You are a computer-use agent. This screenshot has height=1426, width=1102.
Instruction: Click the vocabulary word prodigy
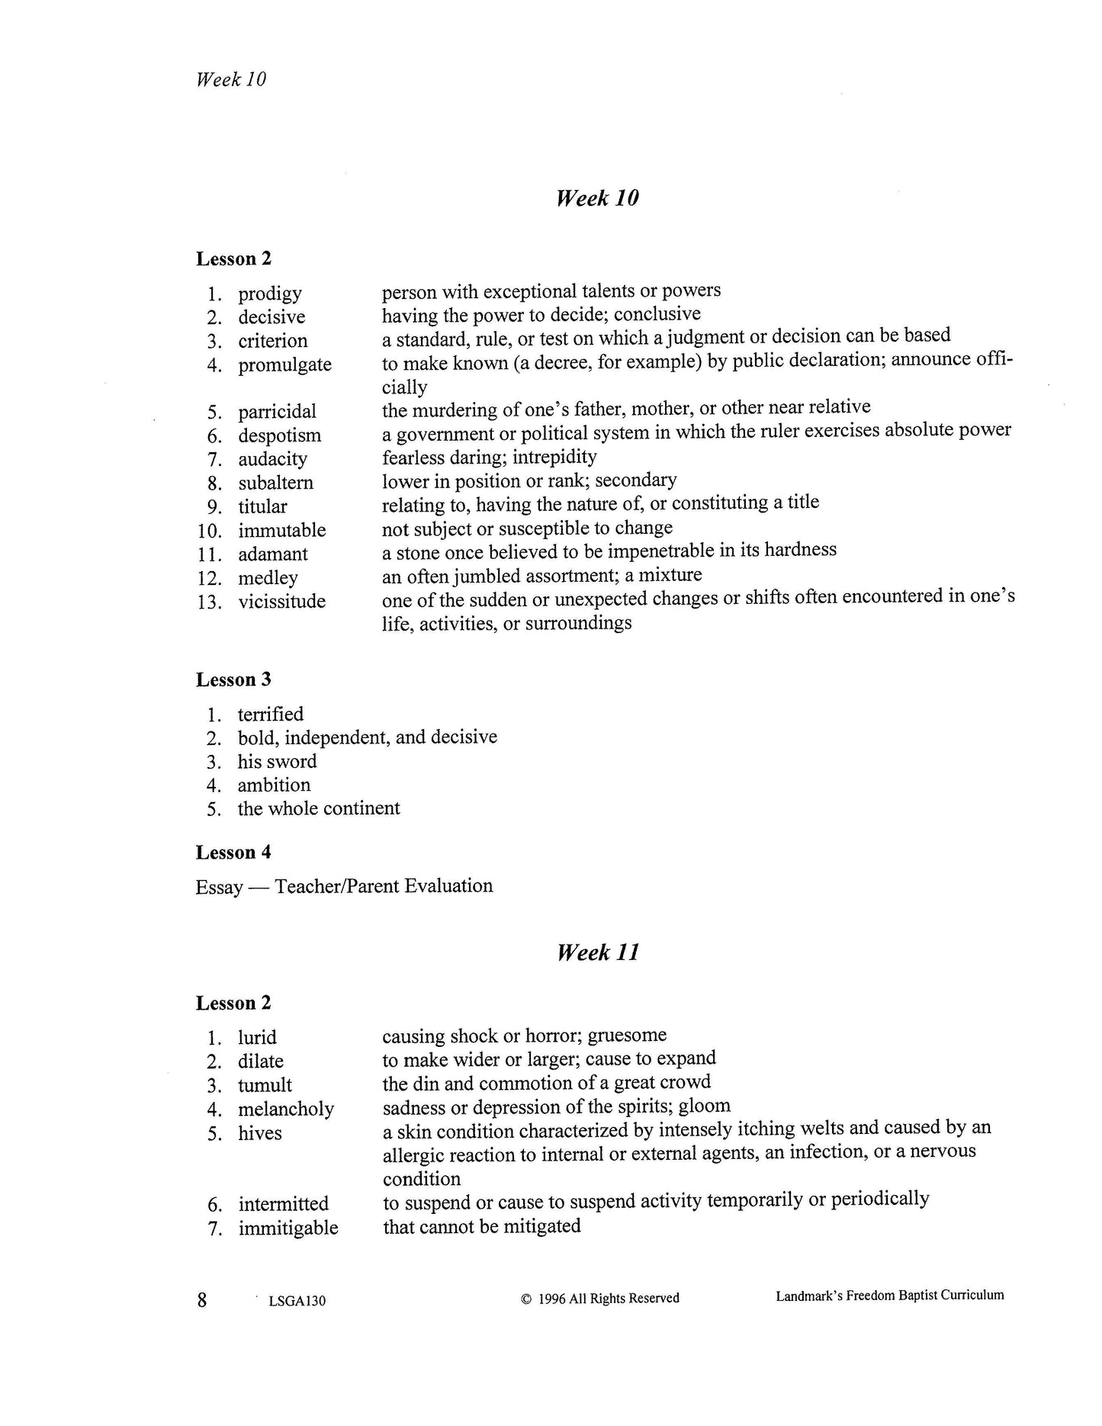click(x=269, y=294)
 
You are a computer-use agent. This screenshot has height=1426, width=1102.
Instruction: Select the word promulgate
click(x=284, y=365)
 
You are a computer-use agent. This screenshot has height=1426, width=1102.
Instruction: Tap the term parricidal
click(x=277, y=412)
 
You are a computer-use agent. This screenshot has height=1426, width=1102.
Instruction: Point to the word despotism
click(x=279, y=435)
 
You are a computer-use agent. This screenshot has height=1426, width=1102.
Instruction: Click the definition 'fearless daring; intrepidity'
click(x=489, y=457)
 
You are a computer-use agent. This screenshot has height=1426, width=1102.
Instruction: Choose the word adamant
click(x=272, y=554)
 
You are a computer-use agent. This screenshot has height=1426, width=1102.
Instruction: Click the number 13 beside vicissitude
click(x=209, y=602)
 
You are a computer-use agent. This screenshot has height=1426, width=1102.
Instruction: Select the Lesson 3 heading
click(x=233, y=679)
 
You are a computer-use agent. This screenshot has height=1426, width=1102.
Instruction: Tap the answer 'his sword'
click(x=277, y=761)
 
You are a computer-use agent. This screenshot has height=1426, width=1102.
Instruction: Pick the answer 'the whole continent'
click(x=318, y=808)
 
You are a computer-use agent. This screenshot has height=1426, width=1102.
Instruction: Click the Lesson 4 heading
click(x=233, y=853)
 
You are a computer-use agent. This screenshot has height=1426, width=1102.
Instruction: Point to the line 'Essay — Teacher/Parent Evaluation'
click(x=344, y=886)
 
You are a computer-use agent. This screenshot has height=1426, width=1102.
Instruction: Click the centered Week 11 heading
click(x=598, y=952)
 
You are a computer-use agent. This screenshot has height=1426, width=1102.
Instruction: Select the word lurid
click(x=257, y=1038)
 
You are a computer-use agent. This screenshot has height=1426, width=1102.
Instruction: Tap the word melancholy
click(x=285, y=1109)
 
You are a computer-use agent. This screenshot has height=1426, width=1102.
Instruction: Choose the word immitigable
click(x=288, y=1228)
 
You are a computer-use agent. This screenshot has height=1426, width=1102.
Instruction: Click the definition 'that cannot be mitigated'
click(x=481, y=1226)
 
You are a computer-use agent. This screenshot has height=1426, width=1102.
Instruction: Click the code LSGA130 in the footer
click(x=297, y=1301)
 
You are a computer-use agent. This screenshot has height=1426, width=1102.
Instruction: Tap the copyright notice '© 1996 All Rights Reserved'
click(x=599, y=1298)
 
